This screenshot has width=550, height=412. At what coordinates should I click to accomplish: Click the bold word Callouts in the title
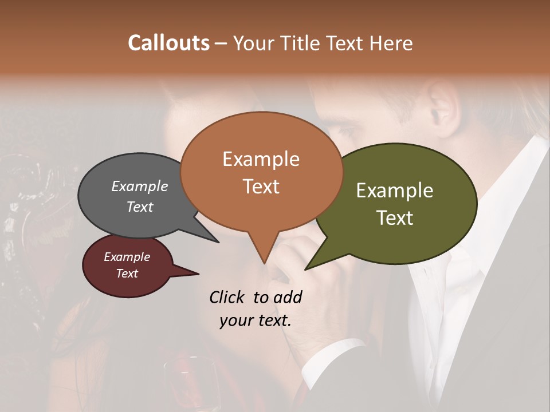pos(168,43)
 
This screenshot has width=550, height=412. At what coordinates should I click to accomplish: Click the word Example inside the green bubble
pos(394,191)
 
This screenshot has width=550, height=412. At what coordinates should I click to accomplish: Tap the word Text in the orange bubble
pos(261,186)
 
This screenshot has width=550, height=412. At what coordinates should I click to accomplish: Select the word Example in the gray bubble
pos(139,186)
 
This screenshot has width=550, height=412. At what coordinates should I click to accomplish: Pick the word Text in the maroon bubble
pos(127,274)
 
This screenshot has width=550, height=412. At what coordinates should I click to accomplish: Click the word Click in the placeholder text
pos(228,297)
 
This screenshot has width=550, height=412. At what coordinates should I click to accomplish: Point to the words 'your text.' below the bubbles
pos(255,320)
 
